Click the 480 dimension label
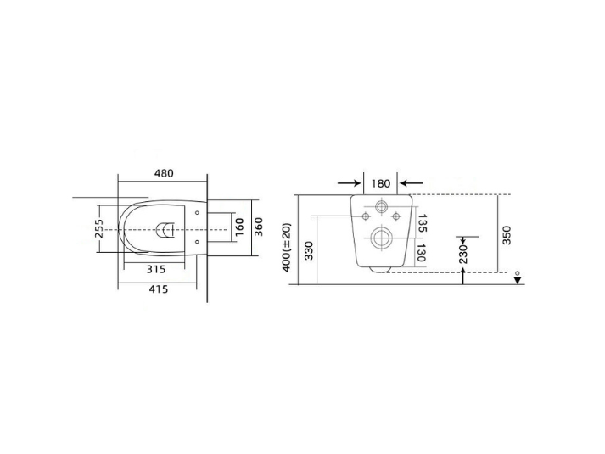tap(164, 173)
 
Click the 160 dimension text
tap(239, 227)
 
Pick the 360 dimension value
tap(259, 227)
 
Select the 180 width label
tap(381, 183)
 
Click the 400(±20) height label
tap(287, 247)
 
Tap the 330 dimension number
tap(309, 252)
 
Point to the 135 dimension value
tap(422, 223)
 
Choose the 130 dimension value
tap(422, 252)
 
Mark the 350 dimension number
tap(507, 235)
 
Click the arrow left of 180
tap(349, 183)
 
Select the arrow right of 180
tap(412, 183)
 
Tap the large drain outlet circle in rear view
tap(381, 238)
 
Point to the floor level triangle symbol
tap(517, 282)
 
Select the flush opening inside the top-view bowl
tap(166, 227)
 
